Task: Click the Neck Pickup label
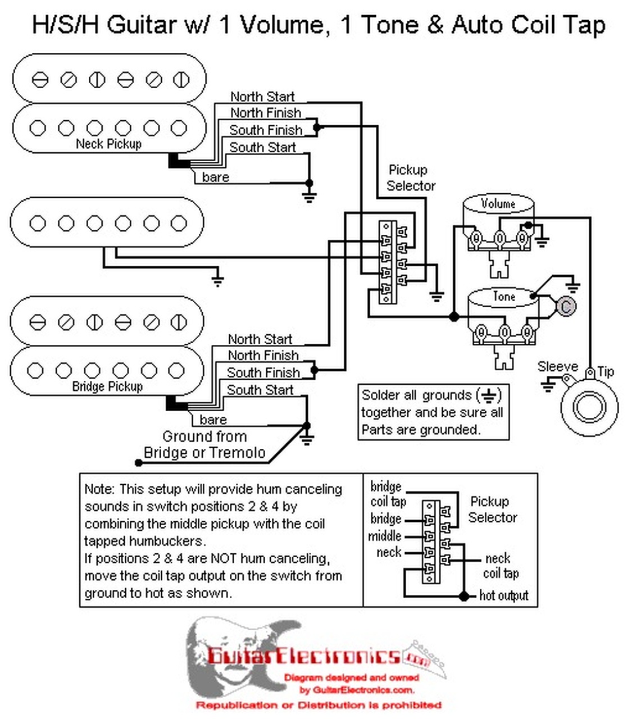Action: [x=108, y=144]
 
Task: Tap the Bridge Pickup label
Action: [x=107, y=386]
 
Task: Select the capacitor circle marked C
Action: [x=566, y=306]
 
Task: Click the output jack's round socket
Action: [x=589, y=407]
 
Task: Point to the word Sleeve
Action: [x=557, y=367]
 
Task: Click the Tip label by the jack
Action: [x=606, y=371]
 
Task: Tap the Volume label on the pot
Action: [x=498, y=203]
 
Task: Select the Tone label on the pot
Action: [x=503, y=296]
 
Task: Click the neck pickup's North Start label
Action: [x=262, y=97]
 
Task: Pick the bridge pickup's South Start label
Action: [x=260, y=390]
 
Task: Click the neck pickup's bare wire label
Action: [x=215, y=178]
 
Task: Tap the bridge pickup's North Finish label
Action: [x=263, y=356]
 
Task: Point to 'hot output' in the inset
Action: [x=503, y=595]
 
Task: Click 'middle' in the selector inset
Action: [x=384, y=536]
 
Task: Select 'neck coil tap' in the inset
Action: [x=499, y=566]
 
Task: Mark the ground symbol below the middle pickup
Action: [x=217, y=280]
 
